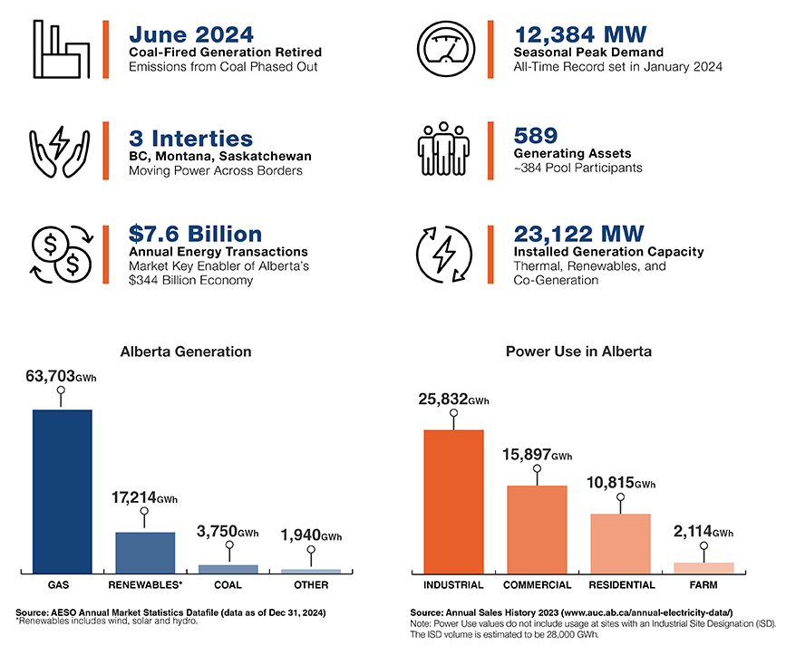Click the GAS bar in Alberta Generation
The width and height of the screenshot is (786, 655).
tap(62, 490)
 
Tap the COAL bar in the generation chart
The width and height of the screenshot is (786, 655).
tap(228, 568)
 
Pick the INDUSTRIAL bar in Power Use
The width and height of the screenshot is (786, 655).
tap(453, 500)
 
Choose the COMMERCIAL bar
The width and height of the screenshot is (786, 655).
tap(537, 528)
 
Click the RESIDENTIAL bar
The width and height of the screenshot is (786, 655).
tap(620, 542)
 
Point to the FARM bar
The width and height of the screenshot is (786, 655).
tap(704, 567)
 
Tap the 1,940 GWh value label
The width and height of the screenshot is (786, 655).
tap(311, 535)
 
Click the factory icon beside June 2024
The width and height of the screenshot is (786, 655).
tap(62, 49)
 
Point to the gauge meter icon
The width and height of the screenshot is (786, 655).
tap(444, 47)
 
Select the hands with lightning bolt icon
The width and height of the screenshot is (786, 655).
tap(61, 149)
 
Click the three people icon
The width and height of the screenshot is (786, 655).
tap(444, 149)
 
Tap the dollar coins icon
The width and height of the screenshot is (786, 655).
tap(61, 253)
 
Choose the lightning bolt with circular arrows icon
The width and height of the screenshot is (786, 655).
tap(444, 253)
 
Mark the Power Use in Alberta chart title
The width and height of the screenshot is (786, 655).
tap(578, 351)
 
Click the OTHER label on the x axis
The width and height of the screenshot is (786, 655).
tap(311, 585)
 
